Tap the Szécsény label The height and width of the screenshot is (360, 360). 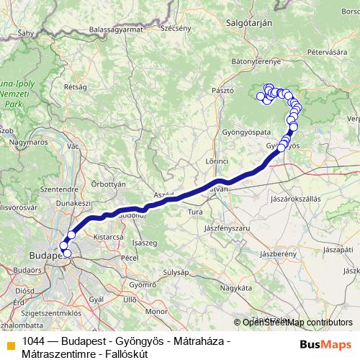tap(176, 28)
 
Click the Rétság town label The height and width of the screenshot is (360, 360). tap(76, 86)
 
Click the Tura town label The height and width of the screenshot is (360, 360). tap(194, 212)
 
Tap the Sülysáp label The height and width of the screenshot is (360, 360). tap(175, 272)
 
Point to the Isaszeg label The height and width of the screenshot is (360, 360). tap(145, 243)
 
